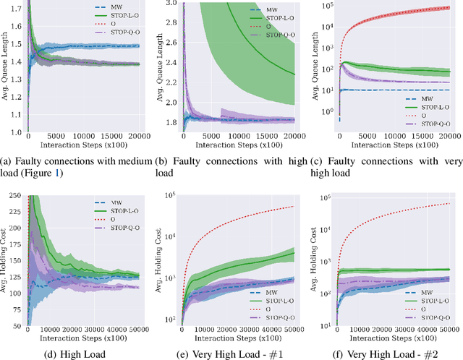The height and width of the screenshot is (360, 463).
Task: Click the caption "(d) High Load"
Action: coord(74,353)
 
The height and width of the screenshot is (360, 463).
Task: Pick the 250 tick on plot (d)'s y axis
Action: coord(12,195)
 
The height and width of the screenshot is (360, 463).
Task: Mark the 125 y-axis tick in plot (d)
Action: coord(12,275)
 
